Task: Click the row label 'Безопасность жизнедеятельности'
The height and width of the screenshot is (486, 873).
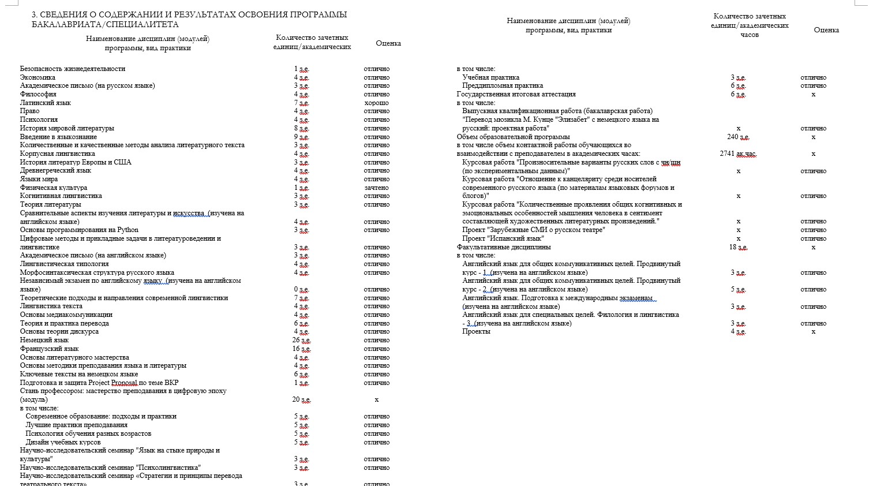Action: [72, 69]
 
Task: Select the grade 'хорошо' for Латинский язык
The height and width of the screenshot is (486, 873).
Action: [376, 103]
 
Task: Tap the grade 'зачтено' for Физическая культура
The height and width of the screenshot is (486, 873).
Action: [376, 188]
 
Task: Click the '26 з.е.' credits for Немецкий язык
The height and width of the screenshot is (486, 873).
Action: [301, 341]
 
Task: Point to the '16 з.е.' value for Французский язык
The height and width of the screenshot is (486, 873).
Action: [301, 349]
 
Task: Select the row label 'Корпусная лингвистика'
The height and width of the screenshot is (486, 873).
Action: [58, 154]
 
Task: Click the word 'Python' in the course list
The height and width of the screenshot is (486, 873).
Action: [128, 230]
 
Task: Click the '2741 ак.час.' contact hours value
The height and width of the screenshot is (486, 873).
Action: [738, 154]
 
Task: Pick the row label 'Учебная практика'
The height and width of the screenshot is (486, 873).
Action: [490, 77]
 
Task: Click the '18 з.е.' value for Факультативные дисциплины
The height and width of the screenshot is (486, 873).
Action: [738, 247]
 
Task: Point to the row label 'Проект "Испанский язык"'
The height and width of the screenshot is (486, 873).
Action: [503, 238]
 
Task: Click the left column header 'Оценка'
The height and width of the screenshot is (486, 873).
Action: [388, 43]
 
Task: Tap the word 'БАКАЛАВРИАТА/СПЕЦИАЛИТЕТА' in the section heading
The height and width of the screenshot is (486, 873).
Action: [105, 25]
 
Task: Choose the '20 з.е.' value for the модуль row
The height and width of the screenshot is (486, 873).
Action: [301, 399]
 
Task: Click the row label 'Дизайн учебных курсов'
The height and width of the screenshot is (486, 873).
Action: [63, 442]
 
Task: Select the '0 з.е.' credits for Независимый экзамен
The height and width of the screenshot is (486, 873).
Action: [301, 289]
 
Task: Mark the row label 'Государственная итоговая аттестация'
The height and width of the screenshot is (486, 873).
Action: [516, 94]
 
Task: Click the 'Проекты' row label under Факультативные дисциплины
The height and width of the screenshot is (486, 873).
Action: [476, 331]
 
